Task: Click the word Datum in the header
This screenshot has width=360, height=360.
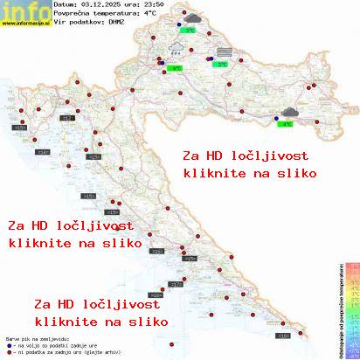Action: pyautogui.click(x=65, y=5)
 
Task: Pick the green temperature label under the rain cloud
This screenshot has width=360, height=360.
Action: pyautogui.click(x=176, y=66)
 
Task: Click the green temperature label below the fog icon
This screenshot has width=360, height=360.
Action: pyautogui.click(x=223, y=64)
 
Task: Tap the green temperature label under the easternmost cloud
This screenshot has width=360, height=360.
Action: pyautogui.click(x=285, y=124)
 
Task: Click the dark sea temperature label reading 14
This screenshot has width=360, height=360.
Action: pyautogui.click(x=42, y=152)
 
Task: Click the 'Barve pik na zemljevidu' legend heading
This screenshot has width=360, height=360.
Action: pyautogui.click(x=28, y=336)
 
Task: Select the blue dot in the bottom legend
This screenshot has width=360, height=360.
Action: pyautogui.click(x=7, y=343)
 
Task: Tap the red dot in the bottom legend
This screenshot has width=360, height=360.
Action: pyautogui.click(x=7, y=350)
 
